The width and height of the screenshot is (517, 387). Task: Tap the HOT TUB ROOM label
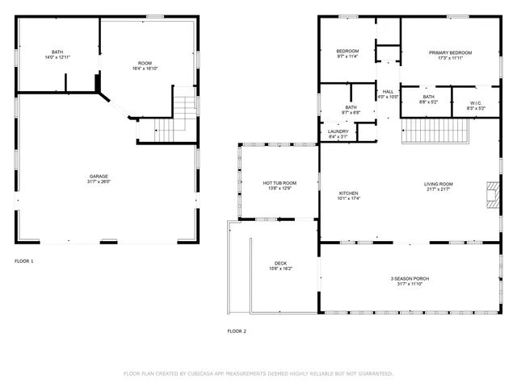(x=280, y=183)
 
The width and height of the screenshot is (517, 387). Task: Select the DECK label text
(x=280, y=264)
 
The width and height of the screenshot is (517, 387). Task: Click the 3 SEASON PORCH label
(x=410, y=279)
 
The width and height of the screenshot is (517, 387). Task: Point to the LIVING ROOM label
(x=439, y=184)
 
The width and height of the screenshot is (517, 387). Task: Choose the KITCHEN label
(x=348, y=193)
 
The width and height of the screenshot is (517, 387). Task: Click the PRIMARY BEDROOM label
(x=450, y=52)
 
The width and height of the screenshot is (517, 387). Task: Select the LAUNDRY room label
(x=338, y=132)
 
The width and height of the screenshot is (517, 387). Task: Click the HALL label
(x=389, y=92)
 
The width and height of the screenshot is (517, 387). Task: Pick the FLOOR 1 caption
(x=24, y=261)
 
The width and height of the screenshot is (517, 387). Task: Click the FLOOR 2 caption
(x=237, y=331)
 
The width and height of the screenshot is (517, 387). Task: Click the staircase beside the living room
(x=436, y=129)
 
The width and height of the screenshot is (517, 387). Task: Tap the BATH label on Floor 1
(x=57, y=52)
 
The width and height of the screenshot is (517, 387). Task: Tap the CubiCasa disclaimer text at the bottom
(x=258, y=373)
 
